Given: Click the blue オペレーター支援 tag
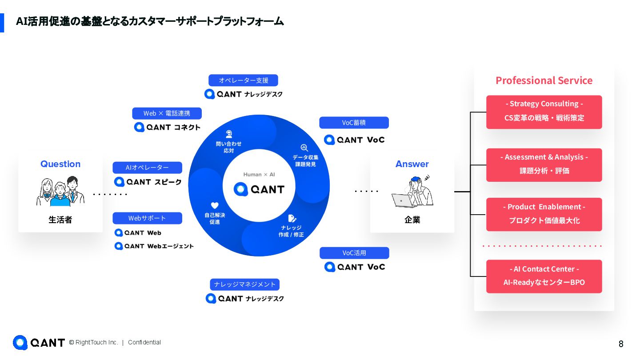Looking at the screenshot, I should pos(243,80).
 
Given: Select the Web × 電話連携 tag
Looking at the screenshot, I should pos(167,113).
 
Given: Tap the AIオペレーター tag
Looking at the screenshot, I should pos(147,168).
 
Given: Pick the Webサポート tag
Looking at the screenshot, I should pos(147,218).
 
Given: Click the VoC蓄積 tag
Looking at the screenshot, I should pos(354,123).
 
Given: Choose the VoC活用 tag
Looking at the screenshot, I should pos(354,253).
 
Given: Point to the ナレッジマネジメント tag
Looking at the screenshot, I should pos(244,284).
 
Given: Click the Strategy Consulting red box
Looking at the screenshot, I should pos(544,112).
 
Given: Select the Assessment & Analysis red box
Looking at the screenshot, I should pos(544,165).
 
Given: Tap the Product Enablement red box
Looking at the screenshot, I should pos(544,214).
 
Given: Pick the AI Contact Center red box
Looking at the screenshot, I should pos(544,276).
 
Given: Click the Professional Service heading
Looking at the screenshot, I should pos(544,80).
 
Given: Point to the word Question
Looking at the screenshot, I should pos(60,164).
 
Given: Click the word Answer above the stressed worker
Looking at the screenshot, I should pos(412,164).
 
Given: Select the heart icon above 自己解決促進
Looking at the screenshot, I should pos(215,205).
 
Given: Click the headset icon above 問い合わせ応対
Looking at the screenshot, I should pos(229,134).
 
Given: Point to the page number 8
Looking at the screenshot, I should pos(621,344).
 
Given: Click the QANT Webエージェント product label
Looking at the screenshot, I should pos(154,246).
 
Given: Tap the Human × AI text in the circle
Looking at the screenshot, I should pos(259,175).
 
